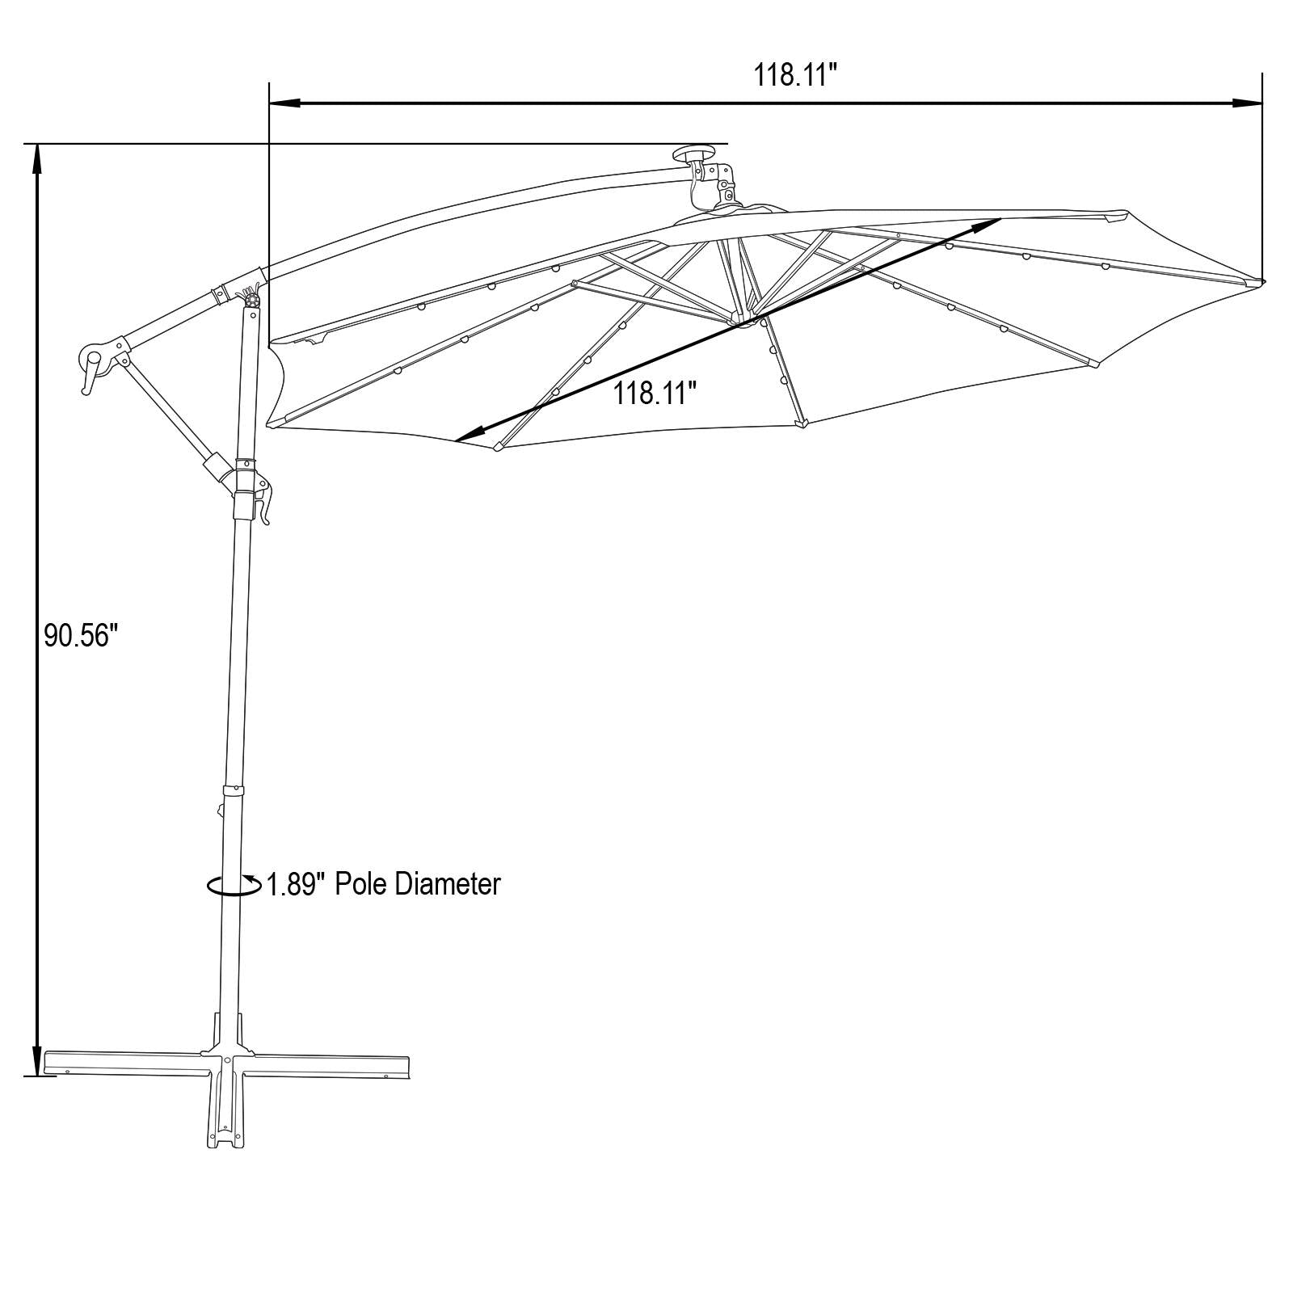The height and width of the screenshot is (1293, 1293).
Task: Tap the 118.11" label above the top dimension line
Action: point(794,75)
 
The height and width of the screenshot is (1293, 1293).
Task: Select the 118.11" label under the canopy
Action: point(655,394)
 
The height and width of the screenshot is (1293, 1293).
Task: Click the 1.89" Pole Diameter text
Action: point(384,883)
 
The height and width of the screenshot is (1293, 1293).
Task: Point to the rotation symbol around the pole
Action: point(234,886)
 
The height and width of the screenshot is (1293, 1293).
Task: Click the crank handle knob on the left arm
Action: point(91,359)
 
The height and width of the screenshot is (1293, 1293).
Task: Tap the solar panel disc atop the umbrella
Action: point(696,154)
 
